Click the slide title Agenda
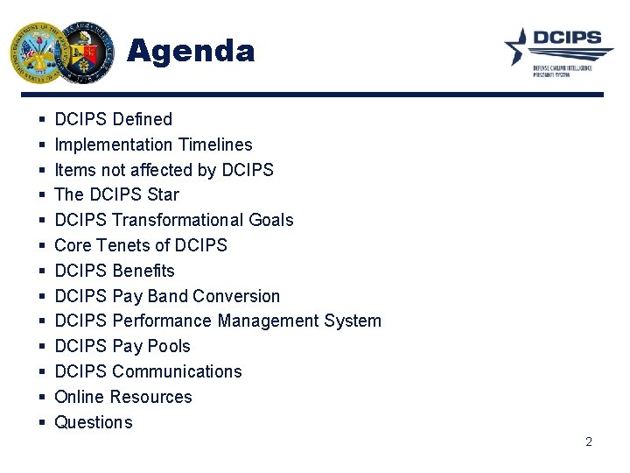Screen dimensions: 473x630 point(191,51)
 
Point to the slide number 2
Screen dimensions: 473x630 point(589,441)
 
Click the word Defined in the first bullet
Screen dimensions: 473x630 point(143,119)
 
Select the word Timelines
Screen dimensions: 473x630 point(215,145)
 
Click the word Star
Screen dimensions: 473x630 point(163,194)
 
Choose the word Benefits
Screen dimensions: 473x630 point(143,271)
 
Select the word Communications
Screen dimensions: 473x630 point(178,371)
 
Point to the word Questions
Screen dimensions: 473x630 point(94,422)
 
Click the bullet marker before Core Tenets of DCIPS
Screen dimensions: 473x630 point(42,246)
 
